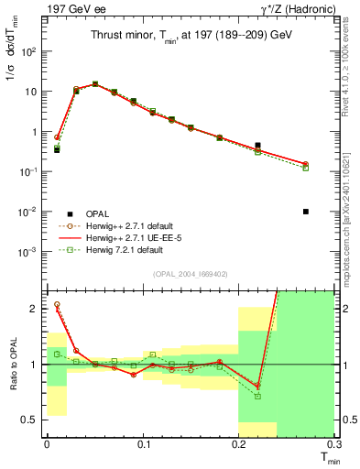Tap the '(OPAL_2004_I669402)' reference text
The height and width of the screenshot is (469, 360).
[x=191, y=272]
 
